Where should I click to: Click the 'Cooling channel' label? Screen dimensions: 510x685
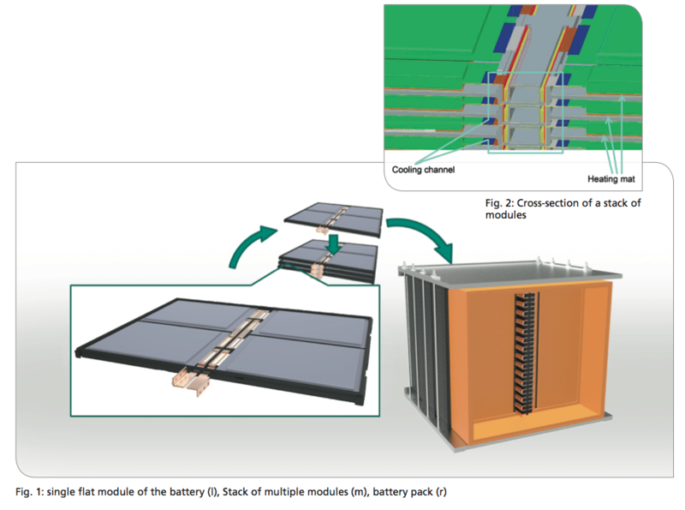[x=423, y=170]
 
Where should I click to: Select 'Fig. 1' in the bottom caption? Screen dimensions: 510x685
[x=27, y=492]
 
